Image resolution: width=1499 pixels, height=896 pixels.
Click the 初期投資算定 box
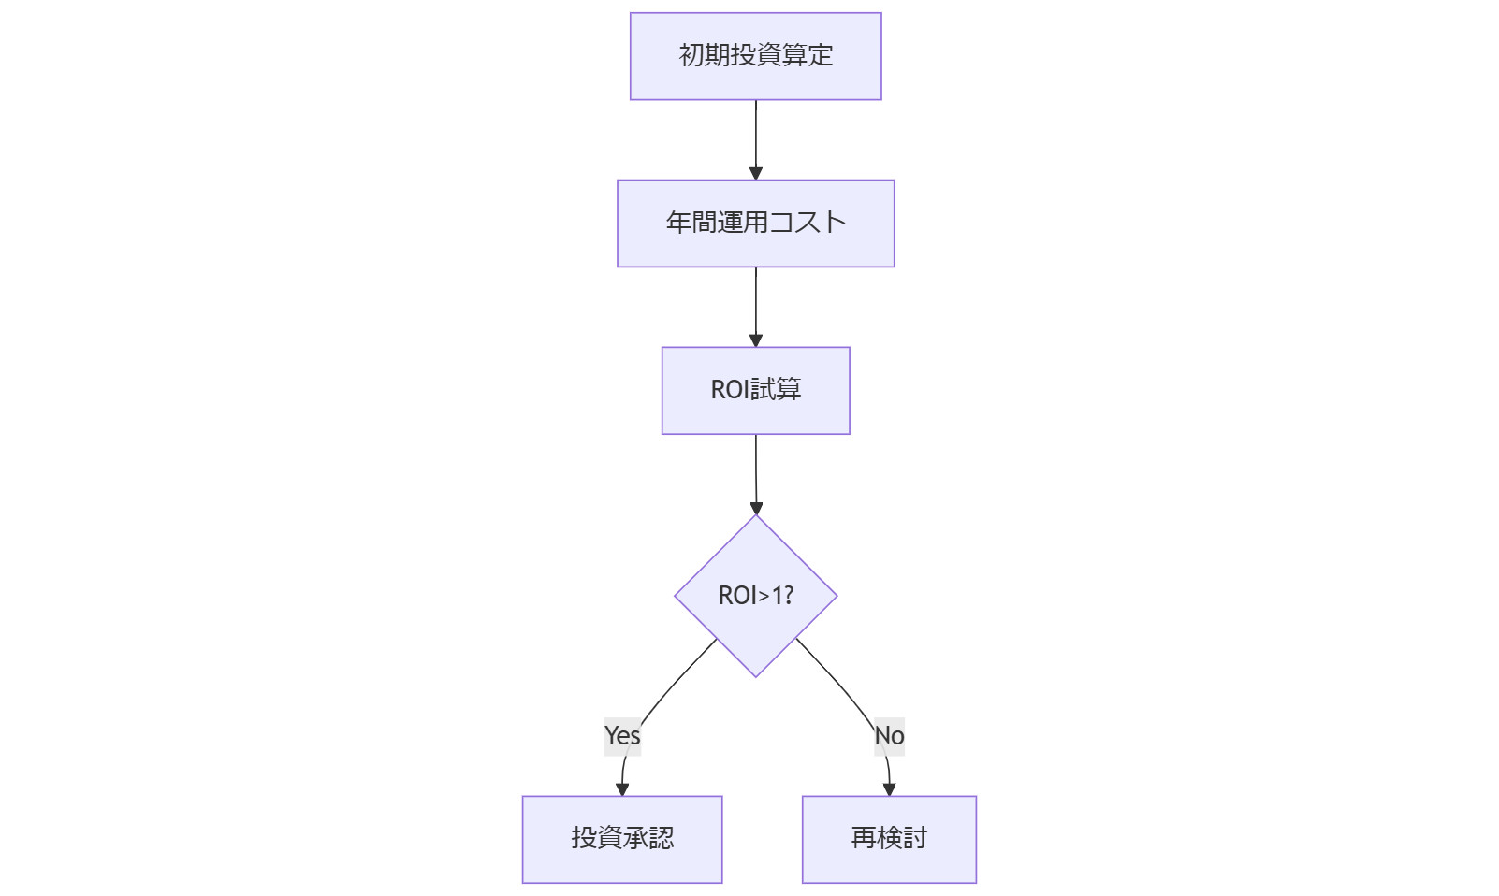click(x=755, y=56)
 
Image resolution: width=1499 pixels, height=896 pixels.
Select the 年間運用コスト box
click(x=755, y=224)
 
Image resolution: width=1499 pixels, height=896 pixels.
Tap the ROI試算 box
click(x=755, y=391)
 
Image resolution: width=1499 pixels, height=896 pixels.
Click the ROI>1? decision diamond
click(x=755, y=596)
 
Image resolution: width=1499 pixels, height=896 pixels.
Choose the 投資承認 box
click(x=622, y=839)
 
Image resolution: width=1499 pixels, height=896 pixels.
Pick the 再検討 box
click(x=889, y=839)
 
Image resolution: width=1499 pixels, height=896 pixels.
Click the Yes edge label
click(x=622, y=736)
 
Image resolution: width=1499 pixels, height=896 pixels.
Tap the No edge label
click(x=889, y=736)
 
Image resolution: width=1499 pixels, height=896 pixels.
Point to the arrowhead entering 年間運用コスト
click(x=756, y=173)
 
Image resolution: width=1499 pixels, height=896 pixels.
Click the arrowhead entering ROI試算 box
click(x=756, y=340)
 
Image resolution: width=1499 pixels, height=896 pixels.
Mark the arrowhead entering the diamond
click(x=756, y=508)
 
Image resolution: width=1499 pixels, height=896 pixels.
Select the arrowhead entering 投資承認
click(x=622, y=789)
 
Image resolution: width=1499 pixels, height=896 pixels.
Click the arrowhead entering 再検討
click(x=889, y=789)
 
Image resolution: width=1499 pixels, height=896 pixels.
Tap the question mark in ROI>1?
click(x=788, y=596)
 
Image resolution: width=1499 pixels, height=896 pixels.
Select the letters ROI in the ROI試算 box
click(x=730, y=390)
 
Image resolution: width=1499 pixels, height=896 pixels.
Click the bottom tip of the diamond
click(x=756, y=675)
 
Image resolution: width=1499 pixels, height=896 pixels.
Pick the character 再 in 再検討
click(x=864, y=838)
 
